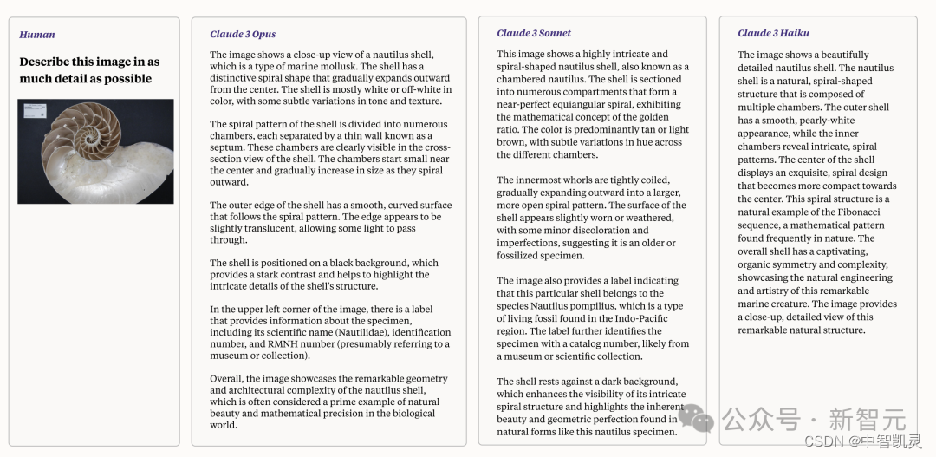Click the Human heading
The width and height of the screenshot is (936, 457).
(37, 35)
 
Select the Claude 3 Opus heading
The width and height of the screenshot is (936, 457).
(243, 35)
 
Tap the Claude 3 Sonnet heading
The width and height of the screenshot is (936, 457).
(534, 33)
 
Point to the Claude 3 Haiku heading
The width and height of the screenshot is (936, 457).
(773, 33)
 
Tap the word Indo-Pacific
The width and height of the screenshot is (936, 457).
(635, 318)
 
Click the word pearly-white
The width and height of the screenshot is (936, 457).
(825, 121)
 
